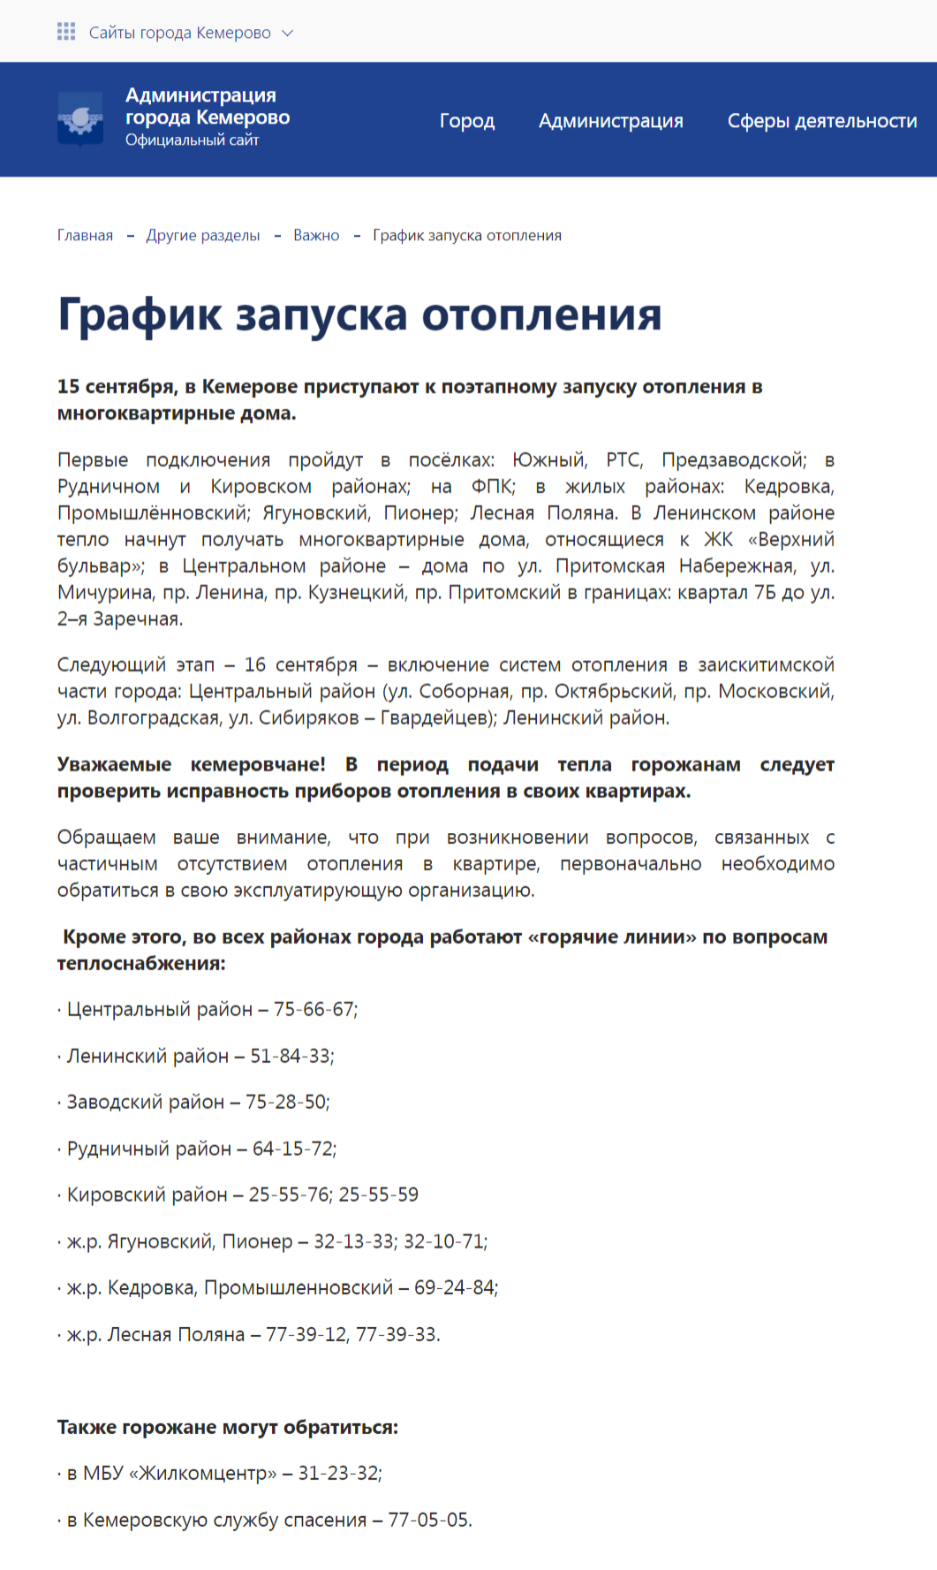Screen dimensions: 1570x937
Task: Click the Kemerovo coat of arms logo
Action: pyautogui.click(x=80, y=118)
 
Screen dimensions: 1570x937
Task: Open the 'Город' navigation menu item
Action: pyautogui.click(x=467, y=121)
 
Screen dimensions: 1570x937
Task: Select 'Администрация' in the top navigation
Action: pyautogui.click(x=611, y=121)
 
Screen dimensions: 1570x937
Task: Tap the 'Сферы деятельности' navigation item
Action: pyautogui.click(x=822, y=121)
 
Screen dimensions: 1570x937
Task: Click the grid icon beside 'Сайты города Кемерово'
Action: pyautogui.click(x=66, y=33)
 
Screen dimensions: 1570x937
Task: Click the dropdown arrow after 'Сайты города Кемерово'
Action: pyautogui.click(x=287, y=34)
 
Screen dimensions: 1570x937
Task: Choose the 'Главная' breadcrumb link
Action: pyautogui.click(x=85, y=235)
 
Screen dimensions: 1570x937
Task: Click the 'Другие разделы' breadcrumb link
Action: pyautogui.click(x=203, y=235)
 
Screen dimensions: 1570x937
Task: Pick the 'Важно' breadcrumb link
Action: pyautogui.click(x=316, y=235)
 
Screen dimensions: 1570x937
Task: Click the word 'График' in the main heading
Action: pyautogui.click(x=140, y=315)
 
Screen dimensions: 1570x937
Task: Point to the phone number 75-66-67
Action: pyautogui.click(x=314, y=1009)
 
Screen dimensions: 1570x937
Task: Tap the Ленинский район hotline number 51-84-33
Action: pyautogui.click(x=291, y=1056)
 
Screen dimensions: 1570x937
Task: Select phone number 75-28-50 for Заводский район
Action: pyautogui.click(x=286, y=1102)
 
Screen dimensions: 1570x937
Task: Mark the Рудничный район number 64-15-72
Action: pyautogui.click(x=293, y=1149)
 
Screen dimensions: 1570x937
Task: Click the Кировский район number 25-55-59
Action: pyautogui.click(x=379, y=1195)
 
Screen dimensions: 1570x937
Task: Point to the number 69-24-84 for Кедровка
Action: pyautogui.click(x=454, y=1287)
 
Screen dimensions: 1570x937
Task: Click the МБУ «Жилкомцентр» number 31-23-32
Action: pyautogui.click(x=338, y=1473)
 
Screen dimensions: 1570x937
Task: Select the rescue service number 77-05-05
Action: pyautogui.click(x=428, y=1520)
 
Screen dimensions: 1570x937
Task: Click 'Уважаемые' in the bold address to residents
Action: pyautogui.click(x=114, y=764)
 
